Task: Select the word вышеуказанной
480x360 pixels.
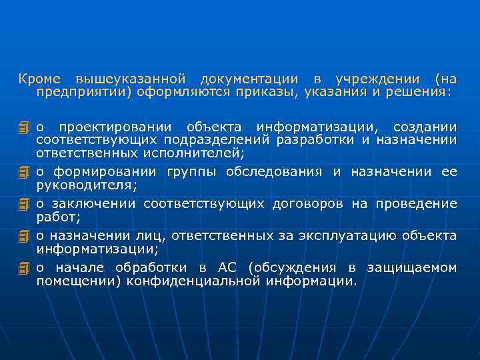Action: (x=132, y=79)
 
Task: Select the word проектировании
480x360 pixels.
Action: (x=113, y=127)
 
